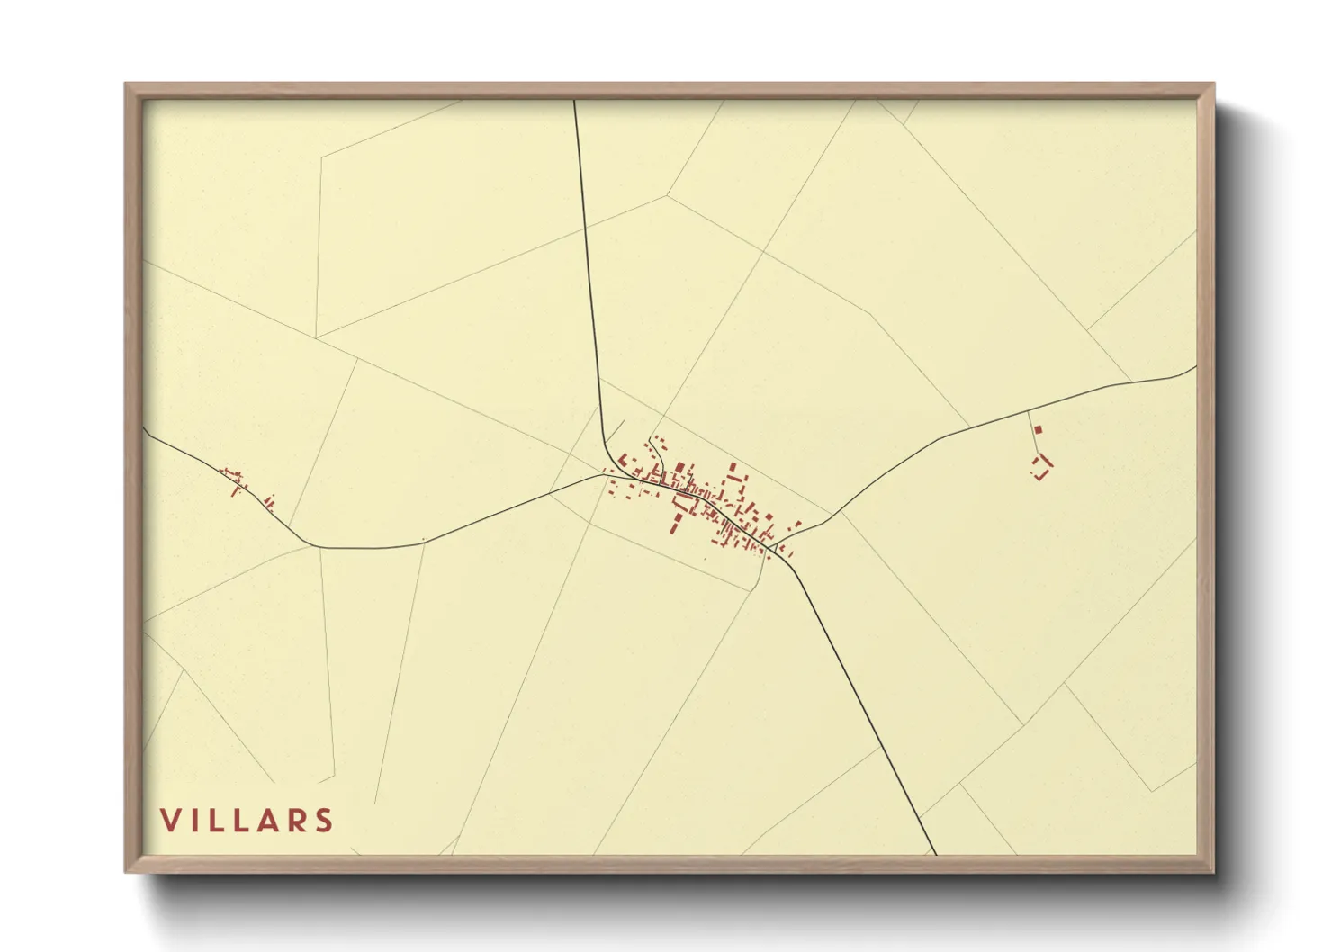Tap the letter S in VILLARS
pos(324,820)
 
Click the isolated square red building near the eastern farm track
pos(1037,431)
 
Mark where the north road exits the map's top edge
pos(574,101)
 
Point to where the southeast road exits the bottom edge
pos(935,854)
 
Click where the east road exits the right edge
pos(1195,367)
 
